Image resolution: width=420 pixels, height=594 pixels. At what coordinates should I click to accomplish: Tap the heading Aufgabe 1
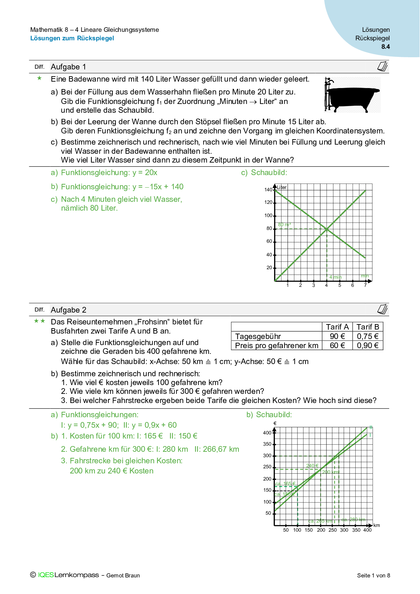click(x=68, y=67)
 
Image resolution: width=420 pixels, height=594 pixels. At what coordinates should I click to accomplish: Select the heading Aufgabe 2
click(x=68, y=310)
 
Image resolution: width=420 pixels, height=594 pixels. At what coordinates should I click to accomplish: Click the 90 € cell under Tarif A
click(x=337, y=336)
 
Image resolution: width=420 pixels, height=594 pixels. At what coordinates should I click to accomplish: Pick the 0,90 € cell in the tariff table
click(x=367, y=345)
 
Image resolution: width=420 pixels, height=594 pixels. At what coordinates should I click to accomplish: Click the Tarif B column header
click(x=367, y=327)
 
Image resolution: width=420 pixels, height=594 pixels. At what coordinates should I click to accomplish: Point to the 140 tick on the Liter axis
click(x=268, y=190)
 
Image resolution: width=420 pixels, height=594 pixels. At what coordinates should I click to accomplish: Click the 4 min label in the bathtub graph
click(x=335, y=277)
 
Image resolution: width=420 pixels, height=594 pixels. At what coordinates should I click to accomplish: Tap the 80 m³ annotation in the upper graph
click(x=285, y=225)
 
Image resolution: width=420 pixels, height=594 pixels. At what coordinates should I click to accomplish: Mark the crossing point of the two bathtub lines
click(x=327, y=229)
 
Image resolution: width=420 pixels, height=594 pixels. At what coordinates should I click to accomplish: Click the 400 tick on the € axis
click(x=267, y=433)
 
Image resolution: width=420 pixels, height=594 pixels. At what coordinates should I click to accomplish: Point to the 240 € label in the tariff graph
click(x=312, y=466)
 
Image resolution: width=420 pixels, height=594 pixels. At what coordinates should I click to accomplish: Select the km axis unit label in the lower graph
click(x=377, y=526)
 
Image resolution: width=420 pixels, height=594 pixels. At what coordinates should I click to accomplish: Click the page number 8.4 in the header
click(x=385, y=47)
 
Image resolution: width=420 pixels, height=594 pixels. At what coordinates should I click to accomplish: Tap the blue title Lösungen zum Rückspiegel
click(x=72, y=38)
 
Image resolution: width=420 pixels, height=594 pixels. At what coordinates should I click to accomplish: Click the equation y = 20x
click(x=145, y=173)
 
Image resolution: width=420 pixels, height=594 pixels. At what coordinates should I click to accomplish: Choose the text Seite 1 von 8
click(x=373, y=575)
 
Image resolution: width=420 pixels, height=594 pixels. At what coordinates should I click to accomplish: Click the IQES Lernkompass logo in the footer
click(x=68, y=575)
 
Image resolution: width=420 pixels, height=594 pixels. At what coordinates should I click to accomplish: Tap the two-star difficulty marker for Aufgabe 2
click(x=39, y=321)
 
